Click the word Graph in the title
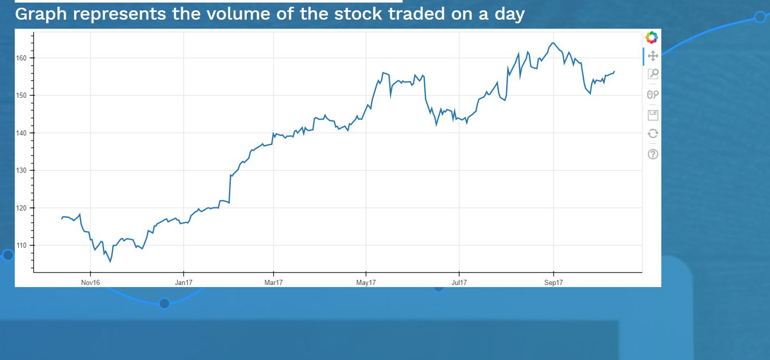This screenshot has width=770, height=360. (x=41, y=14)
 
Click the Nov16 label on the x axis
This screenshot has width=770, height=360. (x=90, y=282)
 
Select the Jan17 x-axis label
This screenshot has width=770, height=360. (x=184, y=282)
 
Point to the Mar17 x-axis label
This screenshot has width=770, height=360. (x=273, y=282)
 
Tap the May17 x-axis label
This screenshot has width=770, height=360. (x=366, y=282)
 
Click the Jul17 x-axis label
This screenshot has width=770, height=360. (x=459, y=282)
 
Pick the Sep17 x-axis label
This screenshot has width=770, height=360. (x=553, y=282)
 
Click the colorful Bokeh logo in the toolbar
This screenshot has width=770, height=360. (x=652, y=37)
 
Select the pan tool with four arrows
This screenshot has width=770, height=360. (x=653, y=56)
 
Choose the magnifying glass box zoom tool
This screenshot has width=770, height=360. (x=653, y=74)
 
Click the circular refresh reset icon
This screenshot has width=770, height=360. (x=653, y=133)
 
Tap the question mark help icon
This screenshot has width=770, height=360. (x=653, y=154)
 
